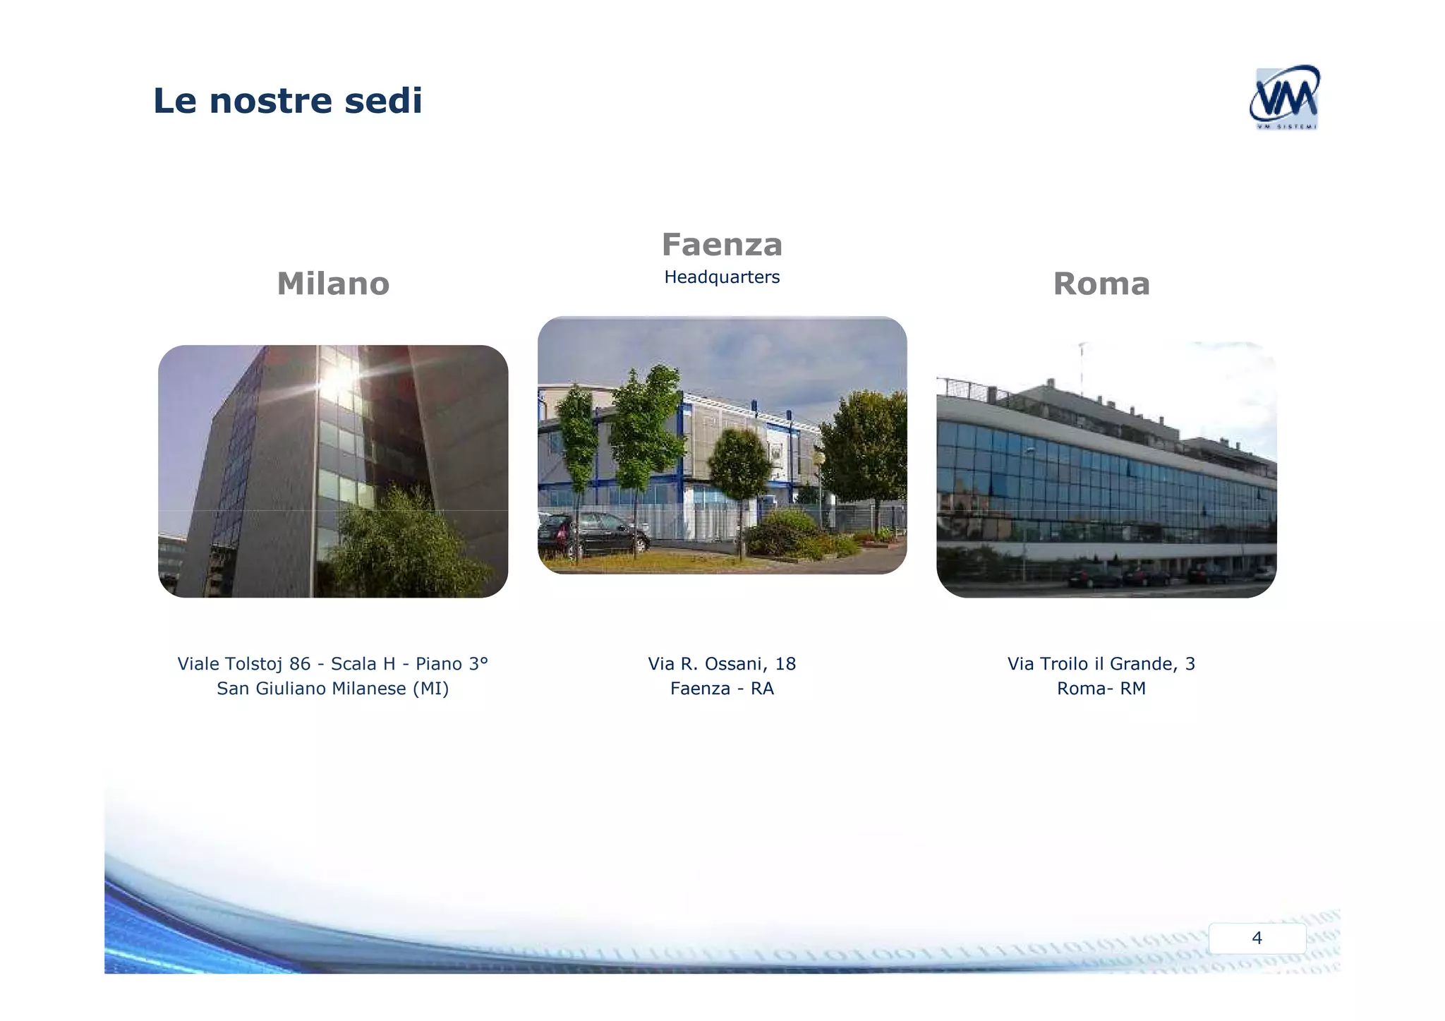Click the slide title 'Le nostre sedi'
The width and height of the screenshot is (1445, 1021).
[x=287, y=100]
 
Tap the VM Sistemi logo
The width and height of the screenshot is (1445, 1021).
[x=1283, y=98]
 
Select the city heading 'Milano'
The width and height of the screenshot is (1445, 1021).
[x=333, y=284]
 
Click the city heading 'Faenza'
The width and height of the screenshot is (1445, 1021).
[x=722, y=245]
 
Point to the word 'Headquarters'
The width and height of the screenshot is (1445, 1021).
[x=722, y=277]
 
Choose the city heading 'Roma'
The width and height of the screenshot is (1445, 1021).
[x=1101, y=284]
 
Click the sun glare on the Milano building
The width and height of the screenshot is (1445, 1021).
[x=337, y=380]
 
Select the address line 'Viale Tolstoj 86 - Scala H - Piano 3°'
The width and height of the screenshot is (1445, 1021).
[x=332, y=664]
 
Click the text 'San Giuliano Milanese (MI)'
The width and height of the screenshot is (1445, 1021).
[x=332, y=689]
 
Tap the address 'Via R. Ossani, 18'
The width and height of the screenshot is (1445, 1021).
[x=722, y=664]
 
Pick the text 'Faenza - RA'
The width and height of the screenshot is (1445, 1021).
[x=722, y=689]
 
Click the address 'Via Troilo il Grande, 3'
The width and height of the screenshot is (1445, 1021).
[x=1101, y=664]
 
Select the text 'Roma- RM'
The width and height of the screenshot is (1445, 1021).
[x=1101, y=689]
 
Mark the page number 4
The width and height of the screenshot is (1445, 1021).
[x=1257, y=938]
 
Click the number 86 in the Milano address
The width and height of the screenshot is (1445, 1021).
[x=300, y=664]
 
